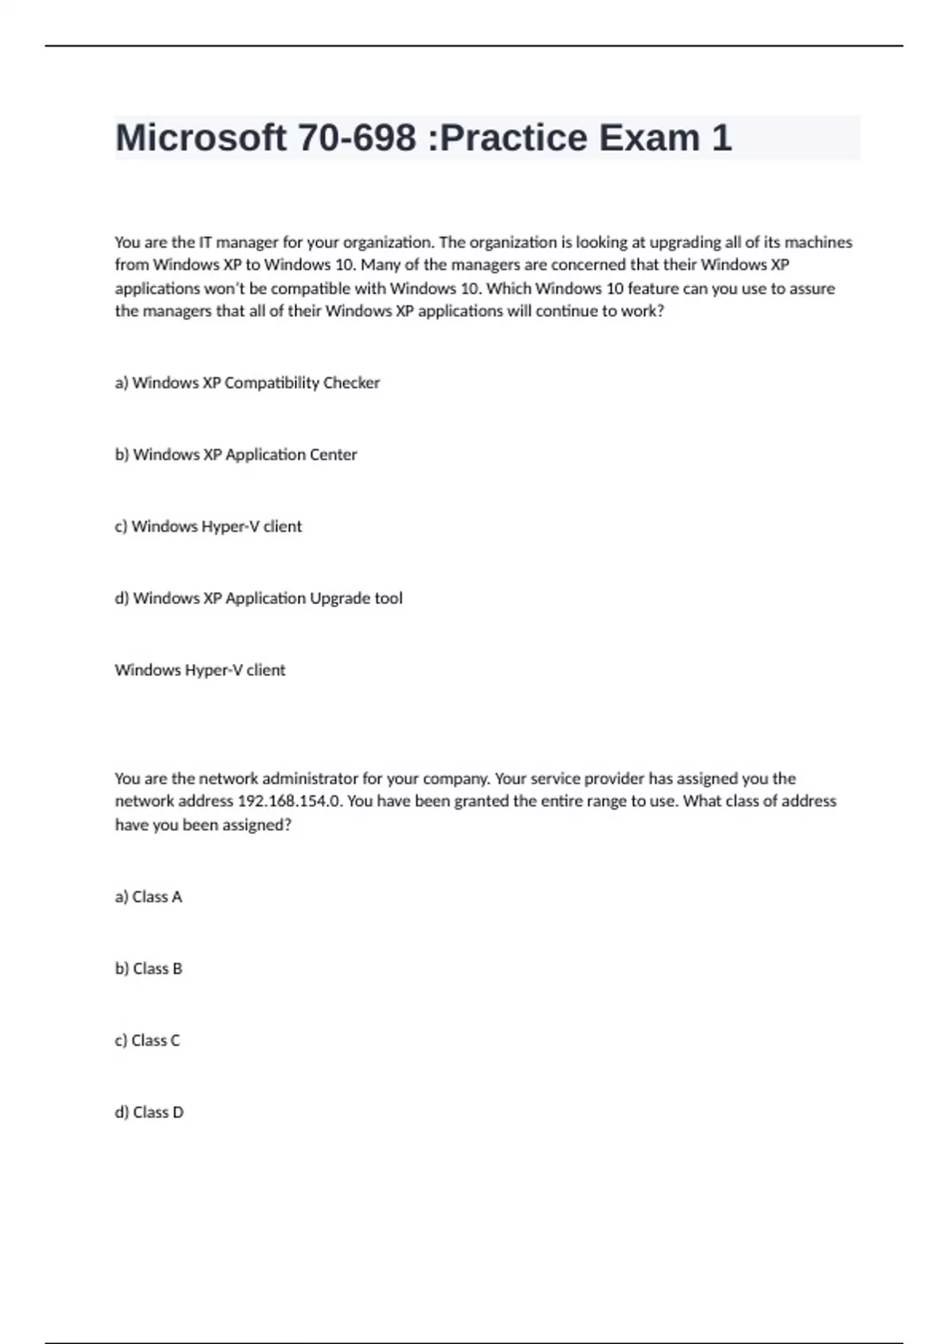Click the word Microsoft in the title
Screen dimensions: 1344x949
coord(201,138)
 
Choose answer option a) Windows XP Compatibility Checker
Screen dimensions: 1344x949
coord(248,383)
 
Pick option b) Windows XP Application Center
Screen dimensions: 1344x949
coord(236,455)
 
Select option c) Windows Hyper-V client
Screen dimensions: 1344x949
coord(209,527)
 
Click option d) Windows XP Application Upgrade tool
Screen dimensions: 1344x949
coord(259,598)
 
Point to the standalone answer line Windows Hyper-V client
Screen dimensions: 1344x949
coord(200,670)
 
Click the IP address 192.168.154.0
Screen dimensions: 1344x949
coord(290,801)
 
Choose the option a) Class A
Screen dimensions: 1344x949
coord(149,897)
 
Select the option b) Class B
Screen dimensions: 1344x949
coord(149,968)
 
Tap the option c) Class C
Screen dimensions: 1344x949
coord(148,1040)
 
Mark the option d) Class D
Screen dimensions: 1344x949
coord(149,1112)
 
